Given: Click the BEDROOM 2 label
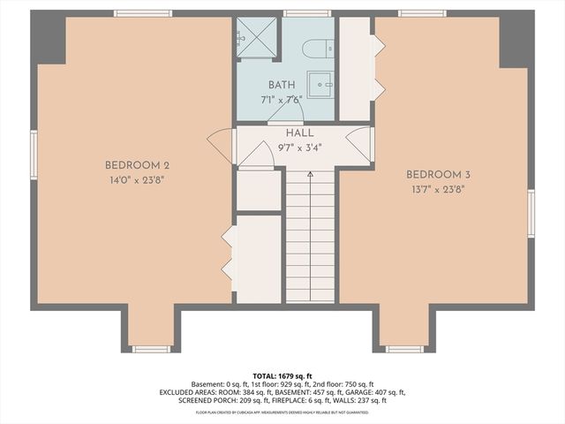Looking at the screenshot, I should coord(137,165).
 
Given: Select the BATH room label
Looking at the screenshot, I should coord(282,85).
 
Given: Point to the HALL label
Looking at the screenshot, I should coord(287,133).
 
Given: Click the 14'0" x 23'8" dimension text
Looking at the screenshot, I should coord(136,179).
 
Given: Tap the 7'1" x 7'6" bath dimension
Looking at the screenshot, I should coord(282,99).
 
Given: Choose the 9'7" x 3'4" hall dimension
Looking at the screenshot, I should coord(287,148).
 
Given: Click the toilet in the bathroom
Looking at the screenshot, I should coord(318,49).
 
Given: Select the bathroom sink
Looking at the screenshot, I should coord(320,85).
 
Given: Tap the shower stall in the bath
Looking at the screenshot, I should coord(257,38).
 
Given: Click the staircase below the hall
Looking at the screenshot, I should coord(310,234).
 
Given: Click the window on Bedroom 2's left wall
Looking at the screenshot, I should coord(34,155).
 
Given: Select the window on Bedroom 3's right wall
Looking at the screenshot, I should coord(531,213).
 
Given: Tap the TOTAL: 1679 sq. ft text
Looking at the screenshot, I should coord(282,375).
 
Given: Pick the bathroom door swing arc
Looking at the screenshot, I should coord(285,112).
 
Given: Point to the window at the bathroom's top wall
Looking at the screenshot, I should coord(306,13).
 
